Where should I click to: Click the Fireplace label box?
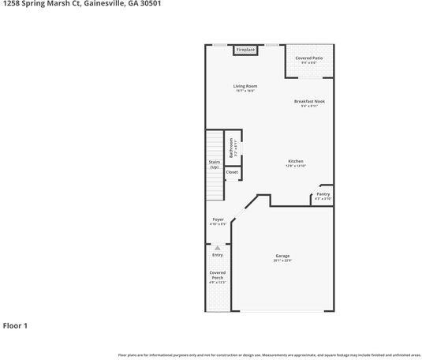pos(246,50)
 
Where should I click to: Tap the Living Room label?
pos(245,86)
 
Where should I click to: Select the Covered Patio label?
pos(309,58)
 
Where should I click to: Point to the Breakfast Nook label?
pos(309,101)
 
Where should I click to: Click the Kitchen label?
pos(296,161)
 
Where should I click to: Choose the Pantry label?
pos(323,193)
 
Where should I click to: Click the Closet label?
pos(232,171)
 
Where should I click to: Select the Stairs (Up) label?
pos(214,164)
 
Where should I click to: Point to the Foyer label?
pos(218,219)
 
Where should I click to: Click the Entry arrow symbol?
pos(218,248)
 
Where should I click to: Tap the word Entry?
pos(218,255)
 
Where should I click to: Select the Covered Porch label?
pos(217,276)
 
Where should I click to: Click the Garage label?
pos(282,256)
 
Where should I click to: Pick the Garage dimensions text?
pos(282,261)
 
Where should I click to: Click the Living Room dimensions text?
pos(245,91)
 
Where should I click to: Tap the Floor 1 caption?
pos(15,325)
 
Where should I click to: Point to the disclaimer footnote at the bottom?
pos(269,355)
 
